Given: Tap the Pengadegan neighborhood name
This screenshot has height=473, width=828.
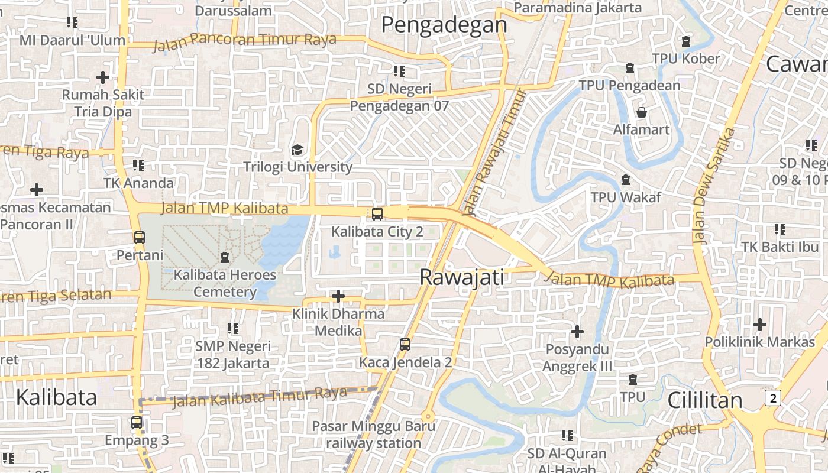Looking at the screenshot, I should (444, 25).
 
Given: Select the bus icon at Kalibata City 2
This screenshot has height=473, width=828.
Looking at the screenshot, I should (377, 214).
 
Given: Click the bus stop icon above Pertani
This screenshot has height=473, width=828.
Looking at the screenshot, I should (140, 238).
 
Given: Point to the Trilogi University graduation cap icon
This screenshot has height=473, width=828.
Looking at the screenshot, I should (297, 150).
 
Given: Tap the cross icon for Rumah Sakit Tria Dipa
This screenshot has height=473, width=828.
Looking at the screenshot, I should (103, 77).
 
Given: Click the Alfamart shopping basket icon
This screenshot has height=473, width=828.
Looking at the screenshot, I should (641, 112).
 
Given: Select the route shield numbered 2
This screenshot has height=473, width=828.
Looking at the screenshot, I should (772, 398).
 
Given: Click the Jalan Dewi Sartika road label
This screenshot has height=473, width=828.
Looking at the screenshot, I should (714, 185).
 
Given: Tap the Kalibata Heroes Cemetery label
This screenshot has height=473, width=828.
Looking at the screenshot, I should (225, 283).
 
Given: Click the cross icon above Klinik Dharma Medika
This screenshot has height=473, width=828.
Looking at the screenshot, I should (338, 296).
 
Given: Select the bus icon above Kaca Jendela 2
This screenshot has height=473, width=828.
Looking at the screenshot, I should (405, 344).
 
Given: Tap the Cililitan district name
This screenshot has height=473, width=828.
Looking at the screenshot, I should (704, 400).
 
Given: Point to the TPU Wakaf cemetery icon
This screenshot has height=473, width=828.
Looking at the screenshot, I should (625, 179).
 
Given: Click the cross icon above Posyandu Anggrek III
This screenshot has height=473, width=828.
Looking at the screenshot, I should (577, 332).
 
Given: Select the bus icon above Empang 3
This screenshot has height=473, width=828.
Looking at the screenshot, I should (137, 423).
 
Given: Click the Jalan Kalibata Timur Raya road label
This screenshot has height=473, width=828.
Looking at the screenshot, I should (259, 397).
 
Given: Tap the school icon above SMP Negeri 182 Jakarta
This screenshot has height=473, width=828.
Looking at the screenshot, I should (232, 328).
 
